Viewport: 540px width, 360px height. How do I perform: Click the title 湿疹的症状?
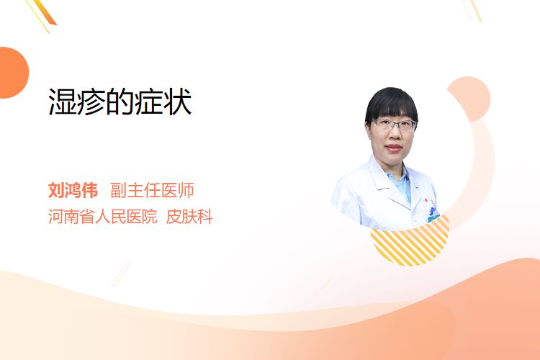pyautogui.click(x=120, y=102)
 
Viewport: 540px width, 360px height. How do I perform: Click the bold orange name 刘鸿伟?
pyautogui.click(x=73, y=190)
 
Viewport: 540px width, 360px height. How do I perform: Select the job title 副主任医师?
pyautogui.click(x=152, y=190)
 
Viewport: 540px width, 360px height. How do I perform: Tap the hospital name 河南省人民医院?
pyautogui.click(x=103, y=216)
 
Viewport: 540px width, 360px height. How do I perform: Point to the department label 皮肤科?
pyautogui.click(x=189, y=216)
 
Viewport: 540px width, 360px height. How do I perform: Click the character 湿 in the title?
pyautogui.click(x=63, y=102)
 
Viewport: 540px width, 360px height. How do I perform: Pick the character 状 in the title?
pyautogui.click(x=178, y=102)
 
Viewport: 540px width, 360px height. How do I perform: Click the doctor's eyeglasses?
pyautogui.click(x=394, y=125)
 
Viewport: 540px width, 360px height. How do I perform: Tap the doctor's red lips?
pyautogui.click(x=394, y=148)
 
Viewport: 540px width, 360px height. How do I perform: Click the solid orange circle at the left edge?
pyautogui.click(x=13, y=73)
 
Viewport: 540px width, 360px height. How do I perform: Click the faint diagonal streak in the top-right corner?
pyautogui.click(x=472, y=10)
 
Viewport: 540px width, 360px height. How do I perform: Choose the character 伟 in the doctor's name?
pyautogui.click(x=89, y=190)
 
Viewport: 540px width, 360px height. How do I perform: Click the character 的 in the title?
pyautogui.click(x=120, y=102)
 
